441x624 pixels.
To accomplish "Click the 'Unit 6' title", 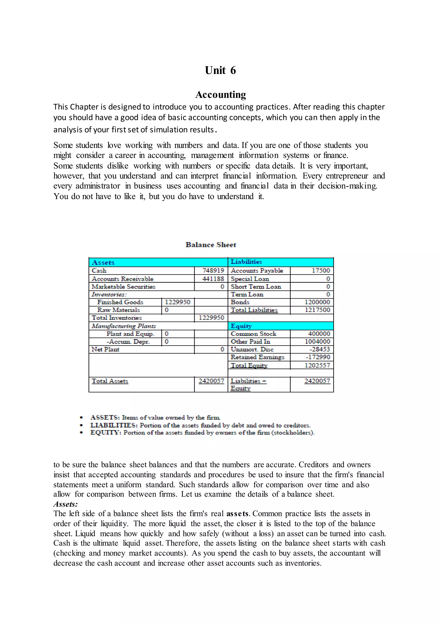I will (220, 70).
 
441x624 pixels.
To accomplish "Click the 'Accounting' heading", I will (220, 95).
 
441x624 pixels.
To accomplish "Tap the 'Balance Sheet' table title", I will (211, 245).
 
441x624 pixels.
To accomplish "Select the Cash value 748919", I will (213, 271).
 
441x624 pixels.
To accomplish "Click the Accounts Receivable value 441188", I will (213, 279).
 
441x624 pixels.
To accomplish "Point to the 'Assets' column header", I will (103, 262).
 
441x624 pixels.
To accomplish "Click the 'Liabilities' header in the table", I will (246, 262).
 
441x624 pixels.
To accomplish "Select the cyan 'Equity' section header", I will (241, 326).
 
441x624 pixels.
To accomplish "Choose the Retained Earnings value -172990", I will (318, 357).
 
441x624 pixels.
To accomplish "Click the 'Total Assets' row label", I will (110, 381).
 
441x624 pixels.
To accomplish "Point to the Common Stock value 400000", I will (319, 334).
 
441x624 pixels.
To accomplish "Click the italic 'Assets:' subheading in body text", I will (65, 504).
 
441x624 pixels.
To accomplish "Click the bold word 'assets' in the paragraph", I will (238, 514).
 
